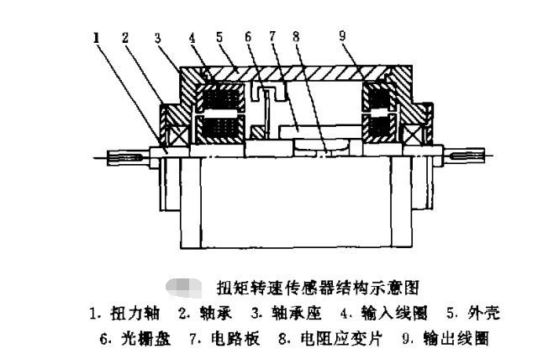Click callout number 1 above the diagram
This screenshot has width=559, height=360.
pyautogui.click(x=98, y=37)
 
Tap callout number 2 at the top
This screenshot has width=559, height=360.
pyautogui.click(x=126, y=37)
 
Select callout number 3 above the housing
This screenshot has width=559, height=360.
pyautogui.click(x=157, y=37)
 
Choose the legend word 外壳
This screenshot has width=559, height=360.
pyautogui.click(x=484, y=314)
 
